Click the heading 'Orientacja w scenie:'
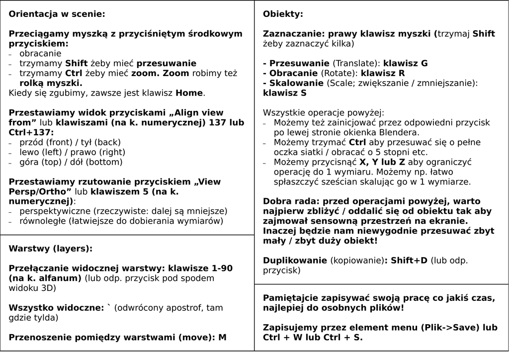pyautogui.click(x=57, y=14)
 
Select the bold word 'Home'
pyautogui.click(x=189, y=93)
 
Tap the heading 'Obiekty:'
pyautogui.click(x=283, y=14)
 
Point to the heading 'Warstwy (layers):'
pyautogui.click(x=51, y=249)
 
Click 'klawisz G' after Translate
pyautogui.click(x=405, y=64)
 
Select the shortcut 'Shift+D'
pyautogui.click(x=409, y=261)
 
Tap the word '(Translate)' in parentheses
pyautogui.click(x=355, y=64)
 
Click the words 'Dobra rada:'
pyautogui.click(x=288, y=201)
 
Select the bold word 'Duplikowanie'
pyautogui.click(x=295, y=261)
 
